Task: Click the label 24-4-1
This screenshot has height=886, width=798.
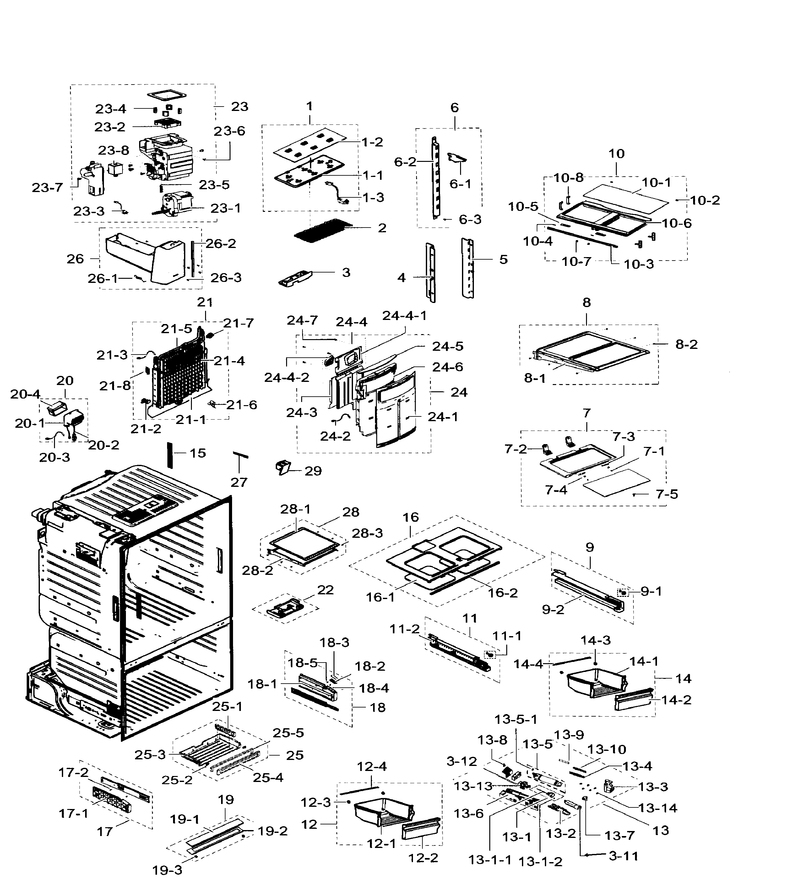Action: [404, 316]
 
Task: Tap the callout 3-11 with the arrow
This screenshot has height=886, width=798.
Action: [623, 856]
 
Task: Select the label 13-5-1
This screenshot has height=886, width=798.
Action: [516, 720]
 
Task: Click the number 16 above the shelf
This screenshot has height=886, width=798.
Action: [410, 517]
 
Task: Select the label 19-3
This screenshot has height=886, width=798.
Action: [167, 870]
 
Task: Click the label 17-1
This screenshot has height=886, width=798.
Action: [73, 813]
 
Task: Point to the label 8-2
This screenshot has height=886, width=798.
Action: [686, 344]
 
